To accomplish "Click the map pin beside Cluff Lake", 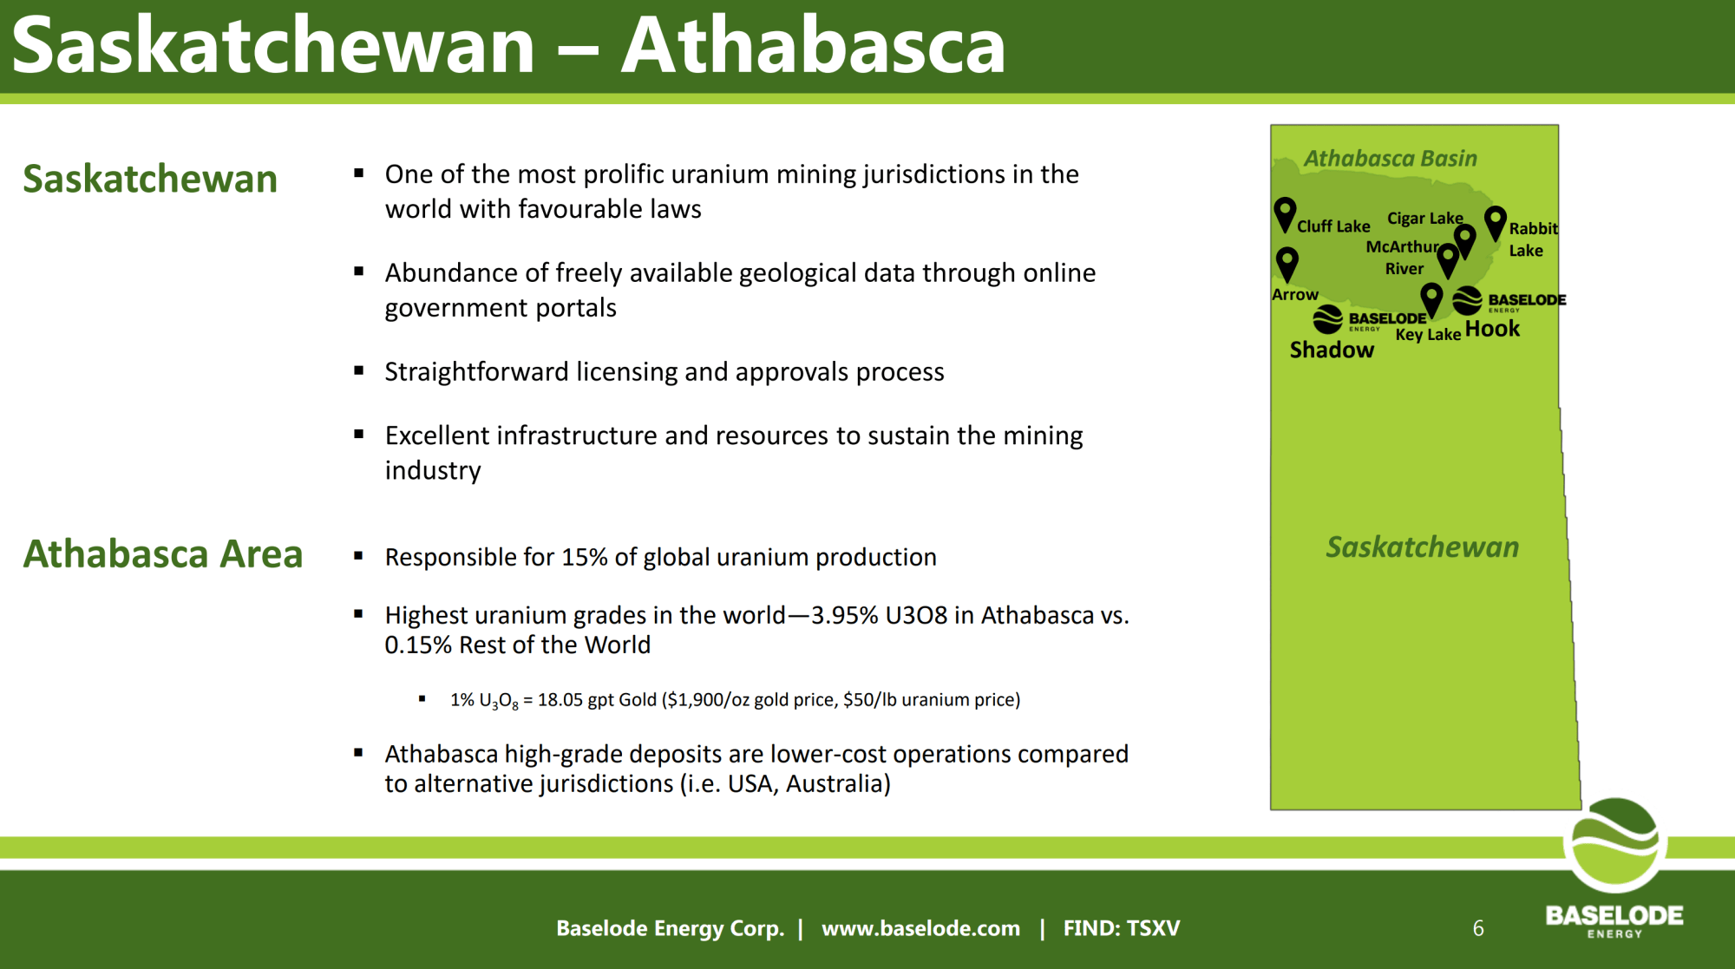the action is click(x=1285, y=213).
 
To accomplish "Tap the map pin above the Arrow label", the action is click(x=1287, y=264).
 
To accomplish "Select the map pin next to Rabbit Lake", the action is click(x=1496, y=222).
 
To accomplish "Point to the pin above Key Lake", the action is click(x=1432, y=299).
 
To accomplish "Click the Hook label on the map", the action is click(x=1492, y=329).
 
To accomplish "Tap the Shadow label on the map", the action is click(x=1332, y=350).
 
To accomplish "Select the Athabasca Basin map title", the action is click(x=1390, y=158).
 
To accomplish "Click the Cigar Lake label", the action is click(x=1424, y=218).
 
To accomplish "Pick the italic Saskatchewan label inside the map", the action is click(x=1422, y=547).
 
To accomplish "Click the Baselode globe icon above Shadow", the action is click(x=1327, y=319).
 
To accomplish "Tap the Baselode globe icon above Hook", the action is click(x=1467, y=300).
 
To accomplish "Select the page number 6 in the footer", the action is click(x=1478, y=928).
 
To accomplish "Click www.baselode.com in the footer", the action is click(x=920, y=928).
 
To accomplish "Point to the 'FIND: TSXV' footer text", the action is click(x=1122, y=928).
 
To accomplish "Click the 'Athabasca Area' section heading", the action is click(x=163, y=553).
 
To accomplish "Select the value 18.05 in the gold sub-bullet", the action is click(x=560, y=699).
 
